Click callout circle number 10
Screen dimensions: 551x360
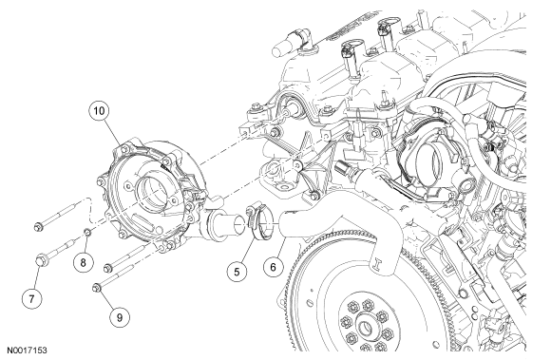(99, 111)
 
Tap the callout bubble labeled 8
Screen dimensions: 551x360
(84, 262)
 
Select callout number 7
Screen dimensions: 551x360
(32, 299)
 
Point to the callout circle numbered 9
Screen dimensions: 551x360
(120, 317)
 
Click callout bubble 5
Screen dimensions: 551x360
(237, 272)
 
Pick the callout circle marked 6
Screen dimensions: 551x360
(274, 267)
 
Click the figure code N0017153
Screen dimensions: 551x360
(27, 351)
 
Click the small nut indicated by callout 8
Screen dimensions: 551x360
(87, 232)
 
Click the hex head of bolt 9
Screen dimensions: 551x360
(97, 288)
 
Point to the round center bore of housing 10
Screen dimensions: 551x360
(153, 190)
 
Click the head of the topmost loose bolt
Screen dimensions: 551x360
(38, 227)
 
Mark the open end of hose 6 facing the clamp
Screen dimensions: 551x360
(284, 225)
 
